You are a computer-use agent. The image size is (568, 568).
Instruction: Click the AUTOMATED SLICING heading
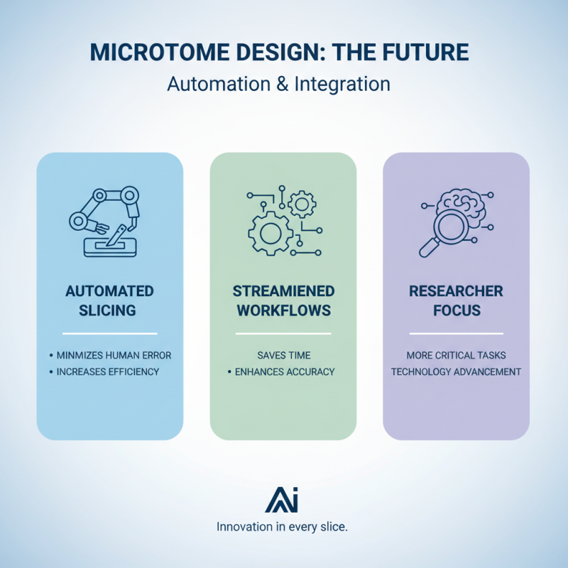pos(109,301)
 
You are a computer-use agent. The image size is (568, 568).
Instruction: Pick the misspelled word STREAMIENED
pos(283,291)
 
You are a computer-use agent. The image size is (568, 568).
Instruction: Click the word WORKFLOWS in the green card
pos(283,311)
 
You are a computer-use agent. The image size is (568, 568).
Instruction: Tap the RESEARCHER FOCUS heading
pos(455,301)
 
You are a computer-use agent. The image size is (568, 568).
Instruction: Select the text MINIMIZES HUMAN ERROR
pos(114,355)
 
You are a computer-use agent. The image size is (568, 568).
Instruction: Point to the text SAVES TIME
pos(283,355)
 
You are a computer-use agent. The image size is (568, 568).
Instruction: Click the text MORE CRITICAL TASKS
pos(456,355)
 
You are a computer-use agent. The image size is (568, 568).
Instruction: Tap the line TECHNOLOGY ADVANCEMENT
pos(456,371)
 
